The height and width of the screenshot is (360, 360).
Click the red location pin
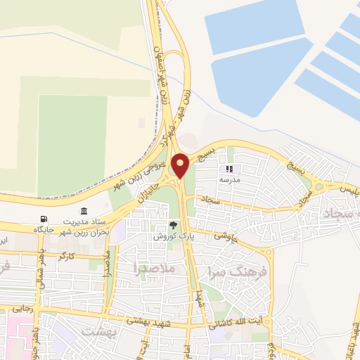(x=181, y=165)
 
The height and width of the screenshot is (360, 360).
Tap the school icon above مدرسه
(x=229, y=169)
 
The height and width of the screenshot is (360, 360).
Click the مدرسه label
(x=229, y=179)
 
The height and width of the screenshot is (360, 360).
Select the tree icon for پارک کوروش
(x=173, y=226)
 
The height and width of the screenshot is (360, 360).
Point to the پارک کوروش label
(x=172, y=237)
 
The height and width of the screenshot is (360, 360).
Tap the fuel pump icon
(x=45, y=218)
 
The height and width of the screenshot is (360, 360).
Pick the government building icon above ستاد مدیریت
(x=84, y=212)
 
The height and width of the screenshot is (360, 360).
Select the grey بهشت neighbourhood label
(x=96, y=330)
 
